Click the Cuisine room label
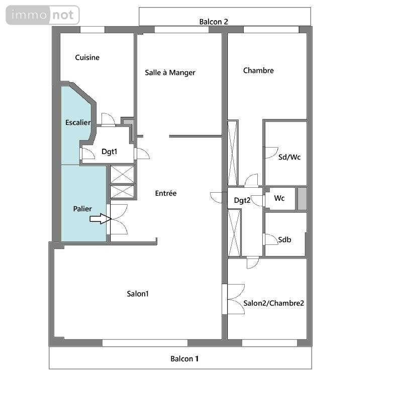(x=87, y=57)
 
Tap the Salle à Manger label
(x=170, y=73)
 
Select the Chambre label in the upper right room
(x=258, y=70)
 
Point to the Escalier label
(x=78, y=122)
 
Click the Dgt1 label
(x=109, y=152)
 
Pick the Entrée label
(x=166, y=193)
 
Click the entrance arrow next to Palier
(x=101, y=219)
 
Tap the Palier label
(x=82, y=209)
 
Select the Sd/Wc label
(x=289, y=157)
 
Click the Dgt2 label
(x=242, y=200)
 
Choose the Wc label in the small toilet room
(x=279, y=198)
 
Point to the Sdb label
(x=284, y=239)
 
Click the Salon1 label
(x=138, y=294)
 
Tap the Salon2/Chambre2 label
(x=274, y=303)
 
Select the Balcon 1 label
(x=184, y=358)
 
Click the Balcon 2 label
(x=214, y=22)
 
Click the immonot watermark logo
(x=43, y=15)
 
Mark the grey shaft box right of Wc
(x=302, y=199)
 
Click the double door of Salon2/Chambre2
(x=236, y=299)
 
